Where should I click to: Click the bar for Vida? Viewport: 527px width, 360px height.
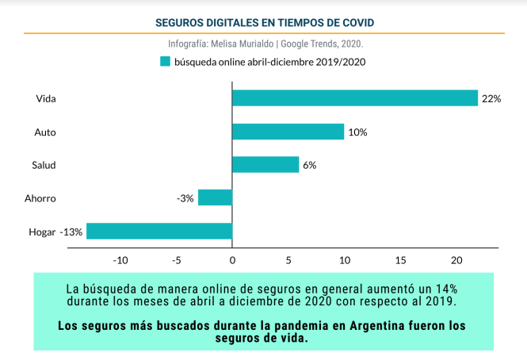[x=355, y=98]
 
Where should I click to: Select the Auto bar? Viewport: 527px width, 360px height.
[x=288, y=132]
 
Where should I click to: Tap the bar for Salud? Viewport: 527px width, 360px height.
[x=265, y=165]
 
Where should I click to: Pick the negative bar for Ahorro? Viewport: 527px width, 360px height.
[x=215, y=197]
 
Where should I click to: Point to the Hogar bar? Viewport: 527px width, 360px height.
[x=159, y=231]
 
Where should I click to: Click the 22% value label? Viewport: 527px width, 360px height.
[x=491, y=99]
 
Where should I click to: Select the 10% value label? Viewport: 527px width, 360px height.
[x=357, y=132]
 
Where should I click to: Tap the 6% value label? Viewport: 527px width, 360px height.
[x=309, y=166]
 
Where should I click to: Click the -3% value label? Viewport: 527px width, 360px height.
[x=185, y=198]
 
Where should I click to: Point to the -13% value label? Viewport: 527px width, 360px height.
[x=71, y=232]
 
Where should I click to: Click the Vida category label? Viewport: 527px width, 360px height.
[x=46, y=99]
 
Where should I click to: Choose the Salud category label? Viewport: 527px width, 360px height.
[x=44, y=166]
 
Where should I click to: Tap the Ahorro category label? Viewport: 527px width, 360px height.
[x=40, y=198]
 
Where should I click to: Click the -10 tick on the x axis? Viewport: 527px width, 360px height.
[x=120, y=260]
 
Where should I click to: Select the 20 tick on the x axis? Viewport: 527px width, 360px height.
[x=456, y=260]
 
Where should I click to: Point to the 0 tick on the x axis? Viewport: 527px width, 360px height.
[x=232, y=260]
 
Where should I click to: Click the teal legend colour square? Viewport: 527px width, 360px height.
[x=165, y=61]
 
